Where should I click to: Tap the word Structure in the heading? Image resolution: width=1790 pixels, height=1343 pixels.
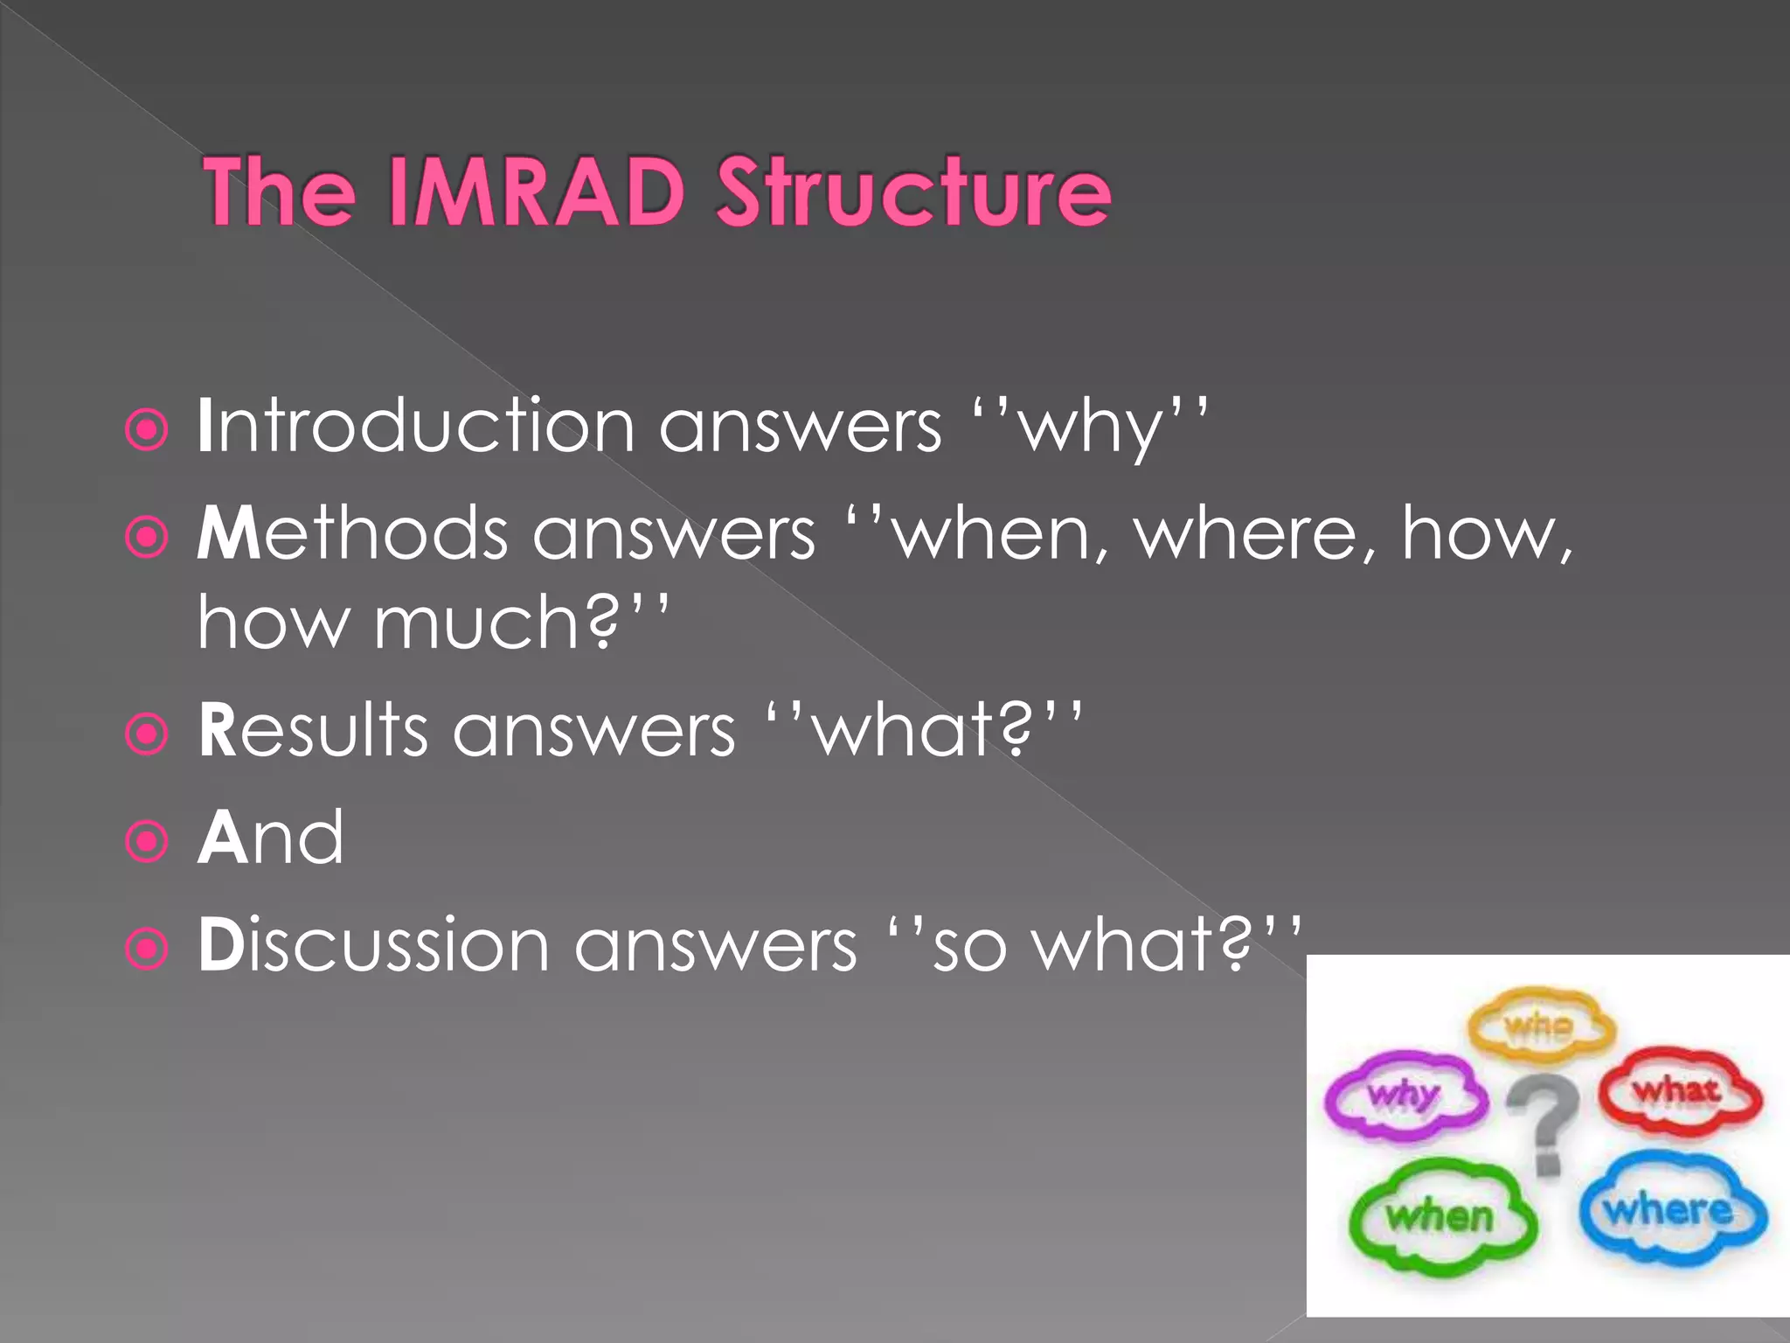pos(913,192)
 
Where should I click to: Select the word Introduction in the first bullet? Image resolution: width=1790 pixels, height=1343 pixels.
pos(415,427)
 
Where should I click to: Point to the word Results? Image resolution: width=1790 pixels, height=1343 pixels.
pos(312,730)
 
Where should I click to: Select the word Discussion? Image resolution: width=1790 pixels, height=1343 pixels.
pos(374,945)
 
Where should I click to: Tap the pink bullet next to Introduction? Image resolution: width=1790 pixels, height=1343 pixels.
pos(146,430)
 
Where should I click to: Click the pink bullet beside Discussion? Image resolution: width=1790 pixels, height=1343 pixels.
pos(146,949)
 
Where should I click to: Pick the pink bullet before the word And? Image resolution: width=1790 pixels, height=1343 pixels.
pos(146,842)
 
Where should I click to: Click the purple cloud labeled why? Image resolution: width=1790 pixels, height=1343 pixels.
pos(1404,1095)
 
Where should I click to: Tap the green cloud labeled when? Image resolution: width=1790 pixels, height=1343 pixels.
pos(1440,1216)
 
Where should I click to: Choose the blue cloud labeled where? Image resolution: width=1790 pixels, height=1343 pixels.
pos(1671,1211)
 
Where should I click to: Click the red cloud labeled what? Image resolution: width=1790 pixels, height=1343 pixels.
pos(1679,1090)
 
